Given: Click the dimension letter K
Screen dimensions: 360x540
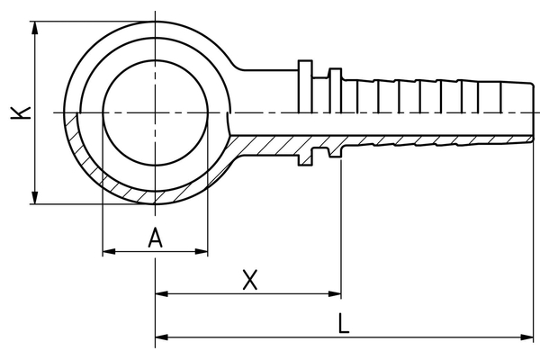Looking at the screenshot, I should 20,112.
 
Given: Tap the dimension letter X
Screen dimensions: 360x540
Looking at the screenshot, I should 251,280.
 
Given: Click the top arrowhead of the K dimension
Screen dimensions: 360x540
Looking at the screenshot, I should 35,27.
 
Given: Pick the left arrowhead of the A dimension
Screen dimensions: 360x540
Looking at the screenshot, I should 109,252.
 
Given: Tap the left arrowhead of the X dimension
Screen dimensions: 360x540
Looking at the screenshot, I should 162,293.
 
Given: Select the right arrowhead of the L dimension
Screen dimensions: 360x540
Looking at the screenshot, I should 530,337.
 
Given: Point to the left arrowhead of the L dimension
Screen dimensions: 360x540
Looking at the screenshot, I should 162,337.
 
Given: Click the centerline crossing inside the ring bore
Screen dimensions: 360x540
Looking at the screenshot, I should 156,112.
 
